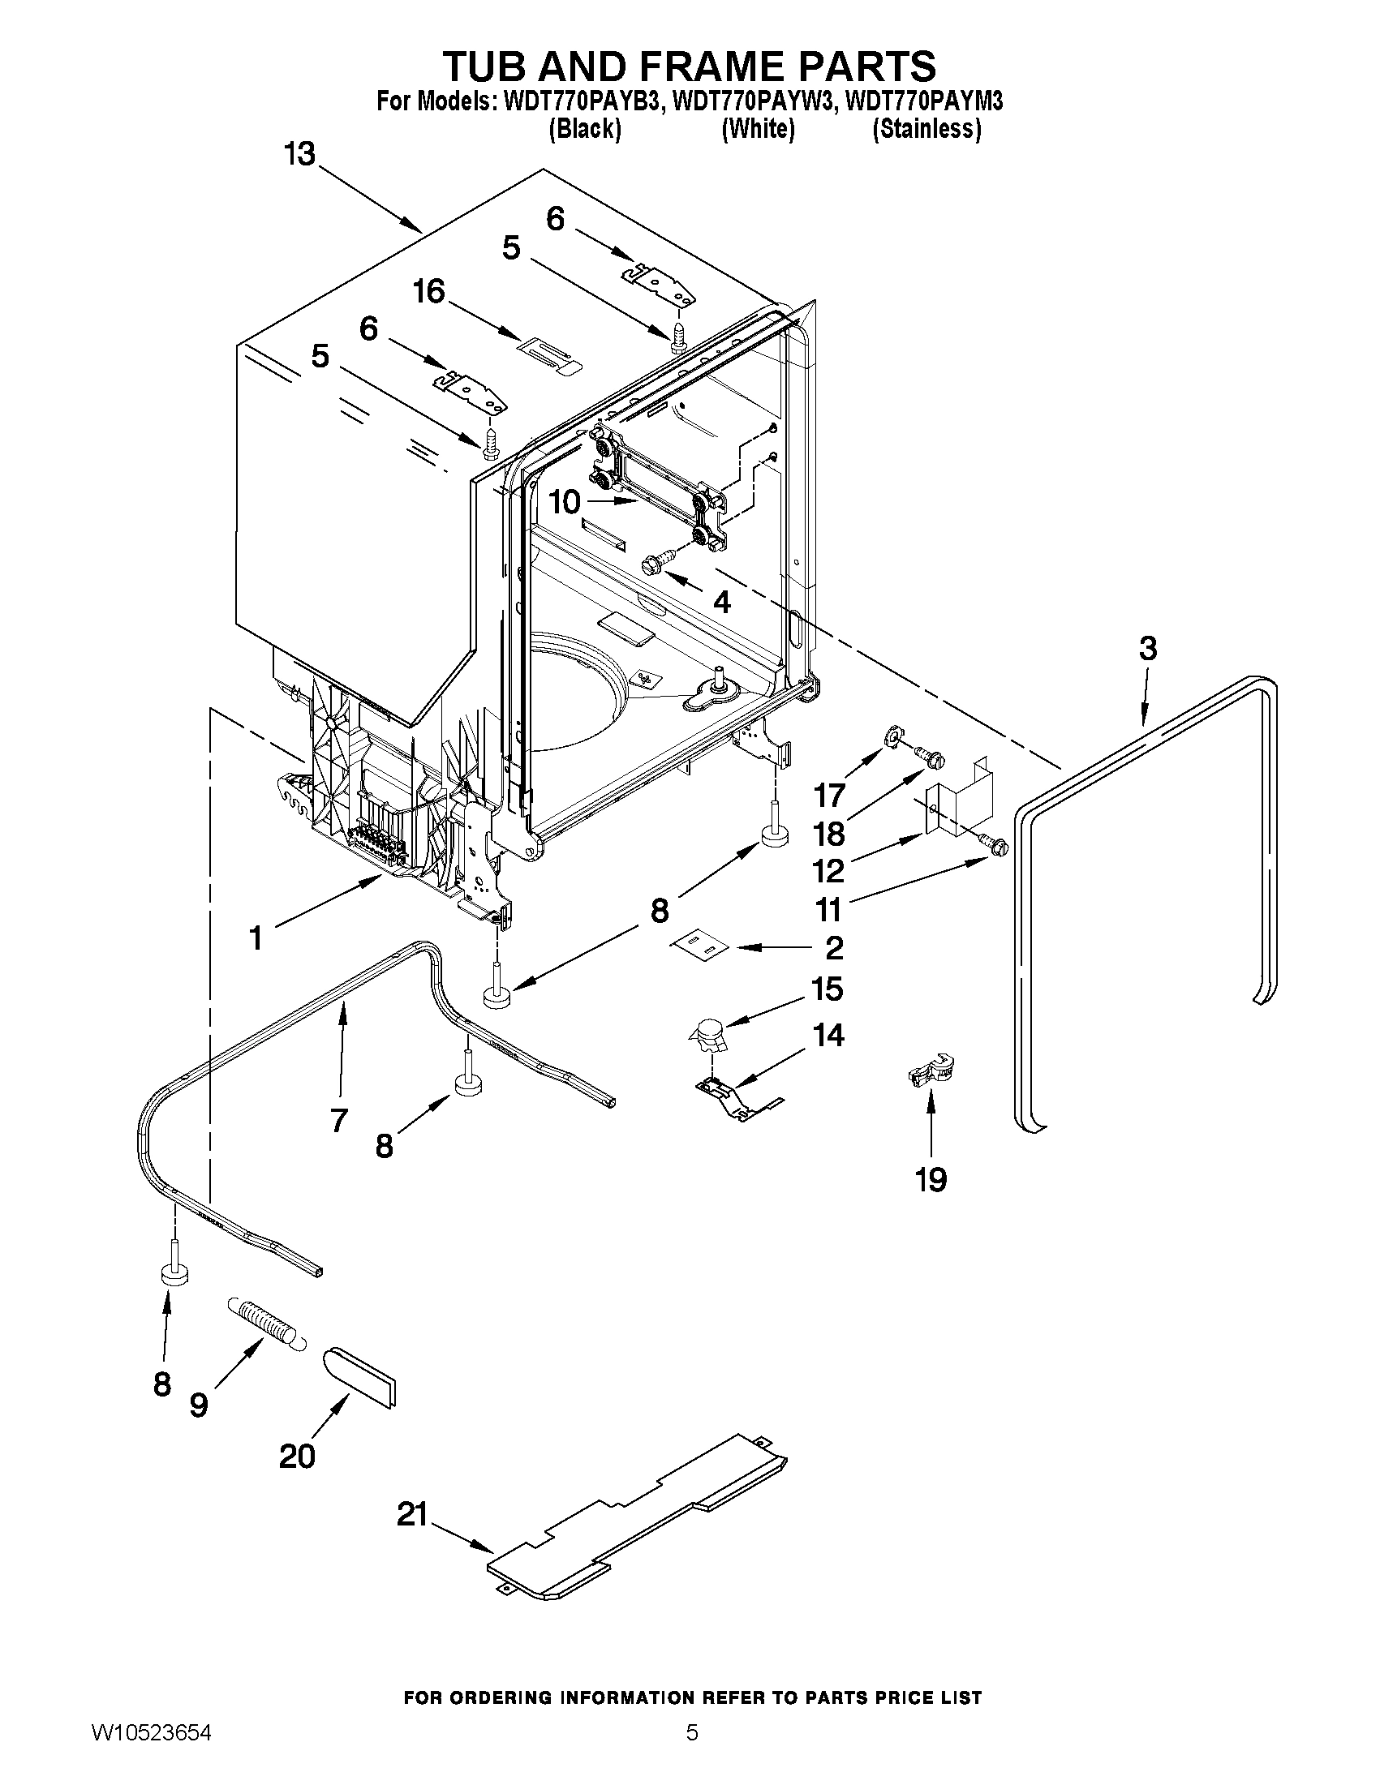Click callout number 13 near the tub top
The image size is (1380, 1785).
[x=300, y=152]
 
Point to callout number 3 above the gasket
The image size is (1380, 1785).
[x=1148, y=649]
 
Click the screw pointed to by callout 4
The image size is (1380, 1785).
[x=658, y=560]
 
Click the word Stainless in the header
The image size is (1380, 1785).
[x=927, y=129]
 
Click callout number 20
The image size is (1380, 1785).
[x=296, y=1456]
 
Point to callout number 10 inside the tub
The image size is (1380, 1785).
[x=564, y=502]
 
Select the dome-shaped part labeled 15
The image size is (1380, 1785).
[x=708, y=1035]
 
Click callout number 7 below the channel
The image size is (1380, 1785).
[x=337, y=1119]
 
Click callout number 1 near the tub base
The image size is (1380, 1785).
[x=256, y=938]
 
